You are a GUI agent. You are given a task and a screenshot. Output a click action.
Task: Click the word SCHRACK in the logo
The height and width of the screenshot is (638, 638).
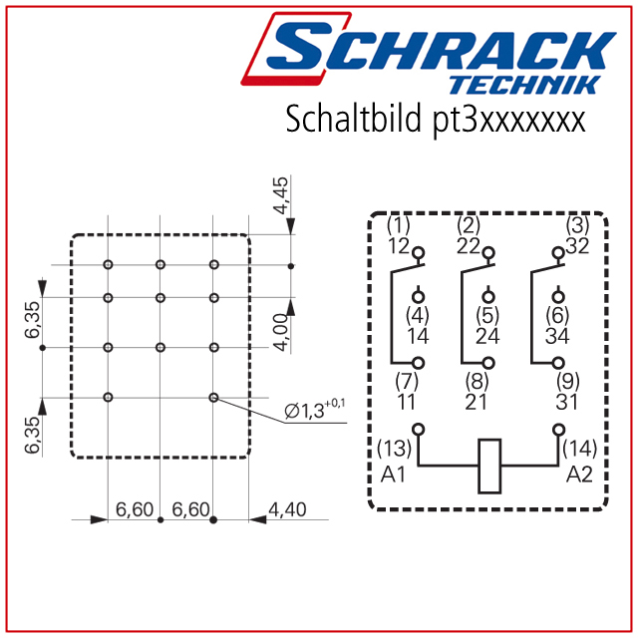tap(442, 50)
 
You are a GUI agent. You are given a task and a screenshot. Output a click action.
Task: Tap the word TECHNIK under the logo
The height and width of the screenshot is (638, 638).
tap(524, 86)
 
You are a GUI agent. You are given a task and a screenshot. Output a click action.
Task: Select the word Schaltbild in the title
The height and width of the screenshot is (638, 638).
tap(353, 119)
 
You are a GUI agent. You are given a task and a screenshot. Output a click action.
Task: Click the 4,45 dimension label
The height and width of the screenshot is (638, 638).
tap(280, 195)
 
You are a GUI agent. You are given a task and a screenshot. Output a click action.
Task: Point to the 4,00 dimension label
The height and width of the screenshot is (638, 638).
tap(280, 332)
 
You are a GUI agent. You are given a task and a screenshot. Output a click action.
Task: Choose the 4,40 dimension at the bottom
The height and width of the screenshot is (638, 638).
tap(287, 509)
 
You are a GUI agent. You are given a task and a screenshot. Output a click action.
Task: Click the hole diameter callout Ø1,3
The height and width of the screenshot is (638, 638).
tap(315, 410)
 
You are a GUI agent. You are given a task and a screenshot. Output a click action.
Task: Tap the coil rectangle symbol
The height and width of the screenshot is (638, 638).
tap(489, 466)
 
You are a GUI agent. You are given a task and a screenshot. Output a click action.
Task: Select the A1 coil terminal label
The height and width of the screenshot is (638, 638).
tap(393, 475)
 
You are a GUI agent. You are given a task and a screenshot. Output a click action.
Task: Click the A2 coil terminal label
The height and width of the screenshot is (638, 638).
tap(579, 475)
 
